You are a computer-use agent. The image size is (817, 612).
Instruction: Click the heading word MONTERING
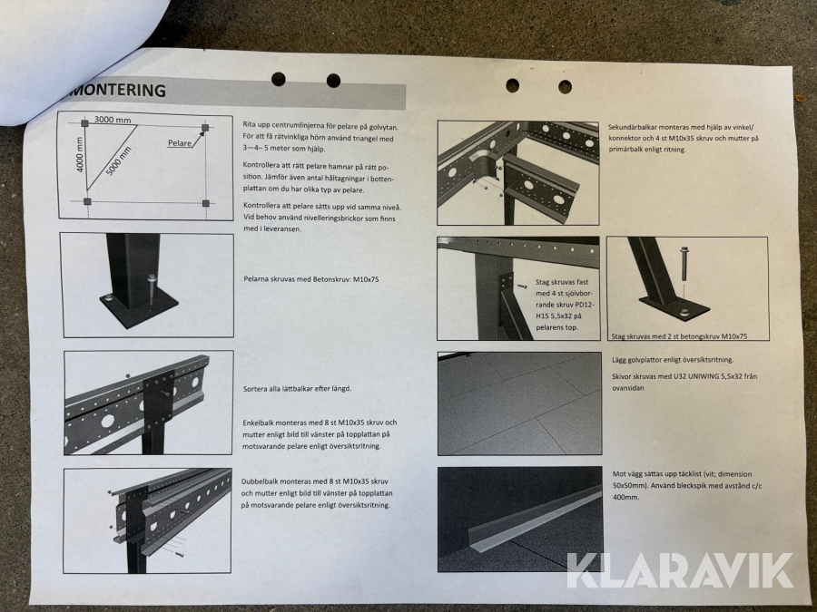pyautogui.click(x=119, y=90)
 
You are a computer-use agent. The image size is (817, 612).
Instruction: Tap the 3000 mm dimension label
pyautogui.click(x=113, y=120)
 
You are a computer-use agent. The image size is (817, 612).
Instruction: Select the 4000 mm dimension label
pyautogui.click(x=80, y=154)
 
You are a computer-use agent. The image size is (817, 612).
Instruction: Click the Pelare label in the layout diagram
pyautogui.click(x=179, y=143)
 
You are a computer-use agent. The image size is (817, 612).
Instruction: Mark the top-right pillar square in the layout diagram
pyautogui.click(x=205, y=128)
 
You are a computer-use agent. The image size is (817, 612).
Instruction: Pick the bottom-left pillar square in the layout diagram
pyautogui.click(x=87, y=201)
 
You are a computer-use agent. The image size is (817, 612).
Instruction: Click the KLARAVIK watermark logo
pyautogui.click(x=680, y=570)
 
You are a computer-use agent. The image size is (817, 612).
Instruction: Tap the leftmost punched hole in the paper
pyautogui.click(x=279, y=79)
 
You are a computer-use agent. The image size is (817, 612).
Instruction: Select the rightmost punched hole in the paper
pyautogui.click(x=565, y=86)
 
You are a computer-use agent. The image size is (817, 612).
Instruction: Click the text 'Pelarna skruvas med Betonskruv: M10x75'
pyautogui.click(x=311, y=279)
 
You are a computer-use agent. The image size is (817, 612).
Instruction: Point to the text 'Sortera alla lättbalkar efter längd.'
pyautogui.click(x=297, y=389)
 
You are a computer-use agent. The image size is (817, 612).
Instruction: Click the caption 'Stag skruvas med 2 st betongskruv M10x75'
pyautogui.click(x=679, y=336)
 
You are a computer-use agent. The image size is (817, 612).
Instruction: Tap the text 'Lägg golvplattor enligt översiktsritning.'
pyautogui.click(x=673, y=360)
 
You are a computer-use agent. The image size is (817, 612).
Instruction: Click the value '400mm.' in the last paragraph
pyautogui.click(x=624, y=498)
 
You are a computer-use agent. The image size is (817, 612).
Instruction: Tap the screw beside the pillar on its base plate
pyautogui.click(x=152, y=290)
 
